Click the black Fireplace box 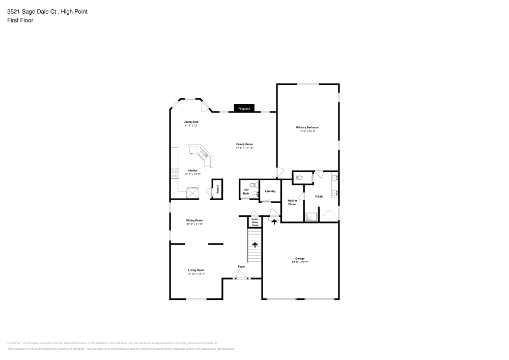pos(244,108)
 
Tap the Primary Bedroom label pos(307,127)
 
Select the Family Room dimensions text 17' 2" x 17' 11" pos(244,148)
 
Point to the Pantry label pos(218,188)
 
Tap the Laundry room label pos(270,191)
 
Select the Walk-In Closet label pos(292,202)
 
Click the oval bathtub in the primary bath pos(329,215)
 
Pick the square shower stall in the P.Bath pos(310,216)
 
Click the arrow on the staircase pos(254,245)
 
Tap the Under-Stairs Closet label pos(255,222)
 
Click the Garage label pos(300,259)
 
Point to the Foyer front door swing pos(241,275)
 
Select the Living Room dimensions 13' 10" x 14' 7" pos(196,274)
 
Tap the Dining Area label pos(191,122)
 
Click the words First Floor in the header pos(20,20)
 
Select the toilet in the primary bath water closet pos(299,178)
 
